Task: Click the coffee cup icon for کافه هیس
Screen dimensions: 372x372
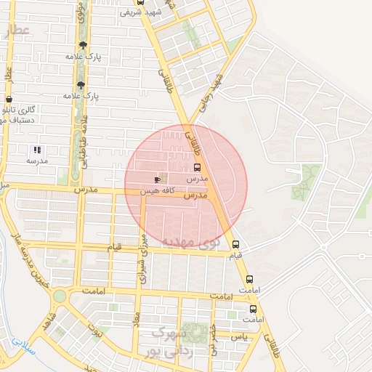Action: tap(158, 179)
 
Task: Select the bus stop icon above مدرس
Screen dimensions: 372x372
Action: tap(198, 166)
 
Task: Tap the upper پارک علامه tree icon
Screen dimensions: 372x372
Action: tap(81, 44)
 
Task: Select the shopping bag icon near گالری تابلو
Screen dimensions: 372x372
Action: tap(9, 99)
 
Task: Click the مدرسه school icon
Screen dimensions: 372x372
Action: tap(36, 150)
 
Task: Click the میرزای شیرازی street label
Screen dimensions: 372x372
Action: tap(143, 258)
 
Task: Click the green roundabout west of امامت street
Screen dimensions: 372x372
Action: tap(60, 296)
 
